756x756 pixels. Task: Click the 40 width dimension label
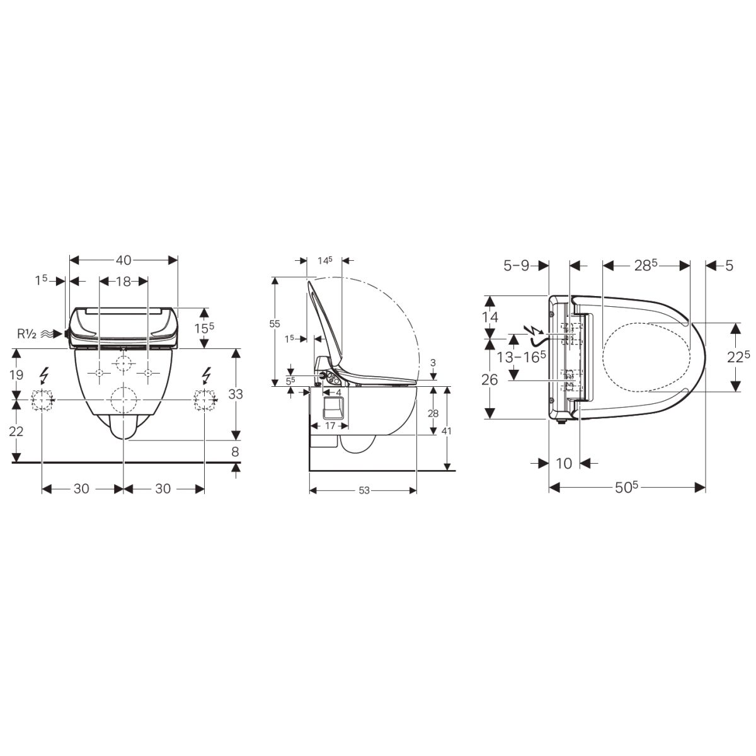[x=123, y=260]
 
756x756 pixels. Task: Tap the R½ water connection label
[x=26, y=335]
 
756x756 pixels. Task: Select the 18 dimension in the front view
[x=123, y=281]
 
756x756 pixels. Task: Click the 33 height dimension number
[x=236, y=394]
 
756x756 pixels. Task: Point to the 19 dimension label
[x=16, y=375]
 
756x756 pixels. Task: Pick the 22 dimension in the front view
[x=16, y=432]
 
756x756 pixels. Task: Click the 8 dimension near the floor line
[x=235, y=452]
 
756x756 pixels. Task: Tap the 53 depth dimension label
[x=364, y=491]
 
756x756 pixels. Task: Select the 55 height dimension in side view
[x=275, y=324]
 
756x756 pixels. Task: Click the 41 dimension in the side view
[x=447, y=431]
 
